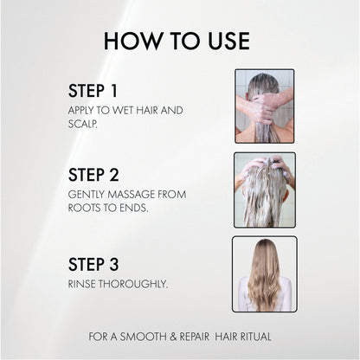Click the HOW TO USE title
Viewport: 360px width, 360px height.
(x=177, y=41)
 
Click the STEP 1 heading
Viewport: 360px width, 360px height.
(x=96, y=91)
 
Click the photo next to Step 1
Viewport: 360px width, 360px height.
(x=264, y=106)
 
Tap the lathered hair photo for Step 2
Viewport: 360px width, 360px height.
(x=264, y=190)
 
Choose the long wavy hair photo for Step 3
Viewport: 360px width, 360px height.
(x=264, y=273)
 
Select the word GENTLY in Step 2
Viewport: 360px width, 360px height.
(x=87, y=195)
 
